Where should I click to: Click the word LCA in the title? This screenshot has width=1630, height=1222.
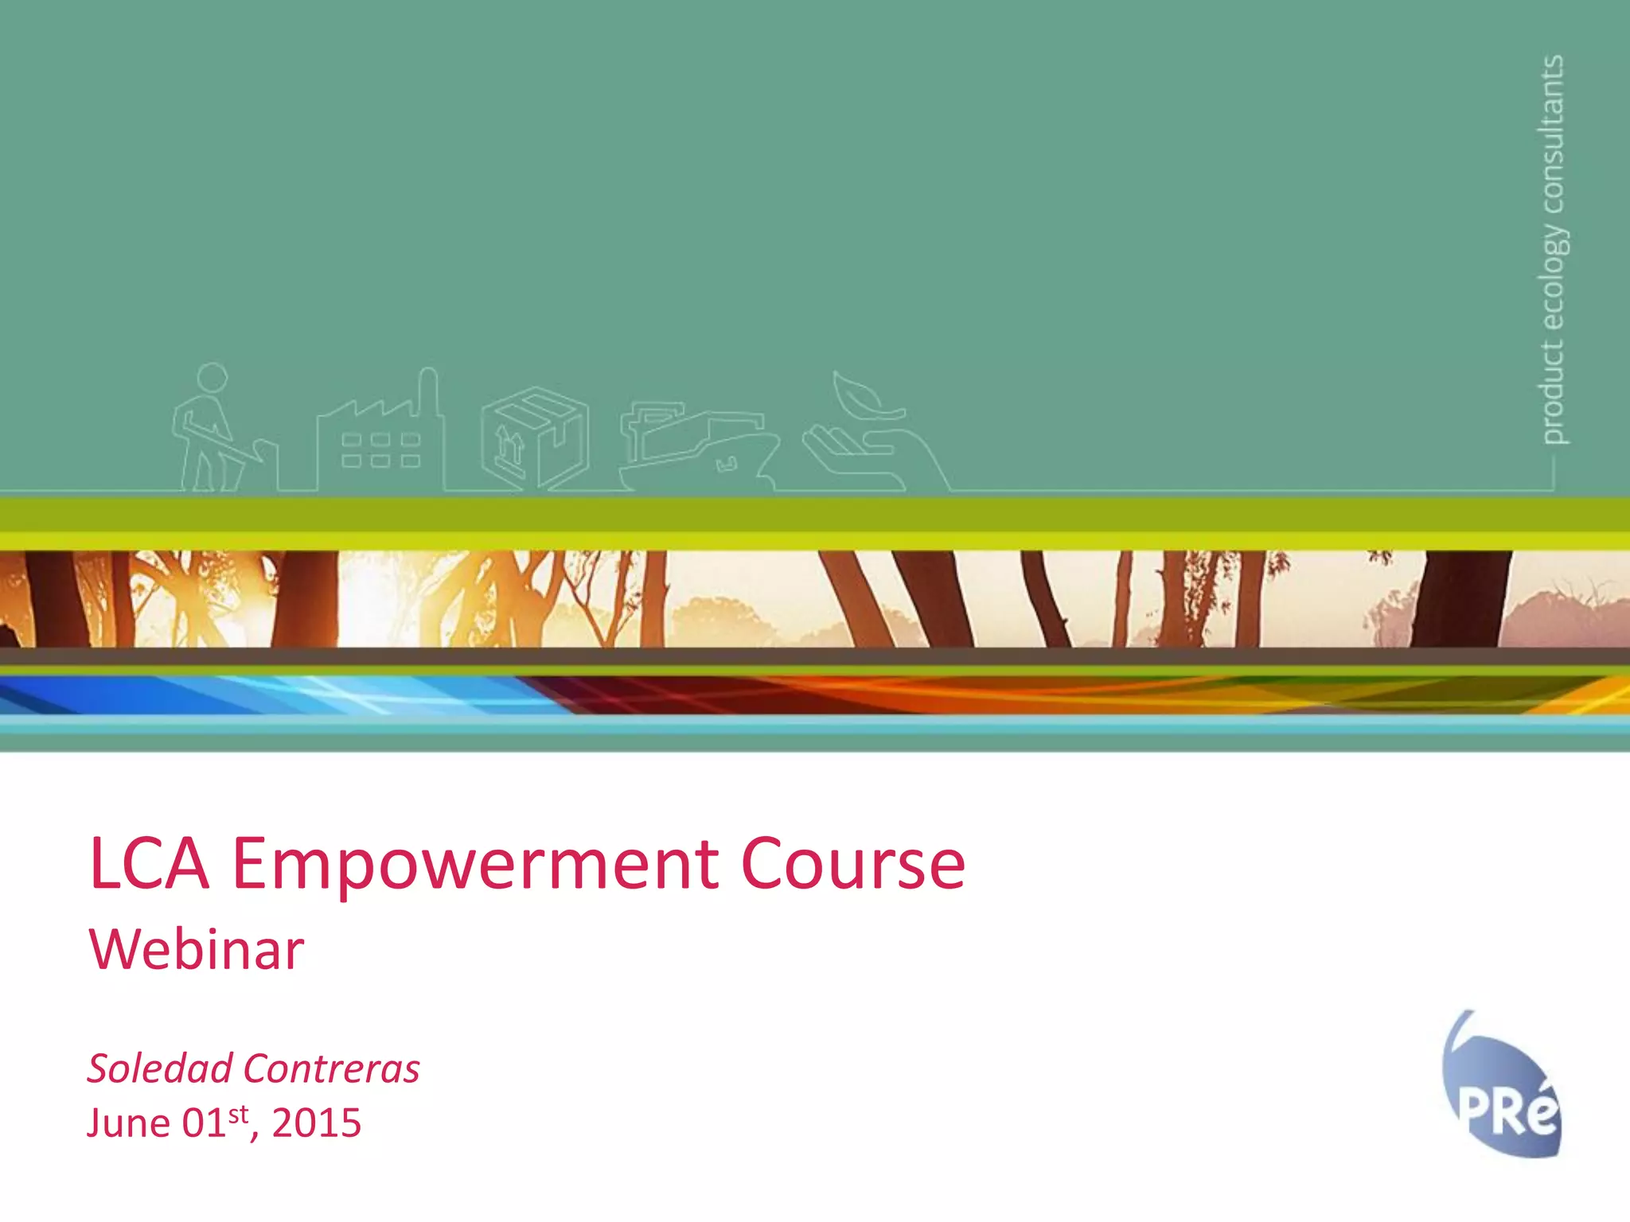pos(150,864)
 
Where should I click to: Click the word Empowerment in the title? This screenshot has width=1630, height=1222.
pos(475,866)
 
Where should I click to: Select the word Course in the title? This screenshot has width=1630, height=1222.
pos(852,865)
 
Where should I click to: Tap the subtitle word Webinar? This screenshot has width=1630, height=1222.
pos(197,950)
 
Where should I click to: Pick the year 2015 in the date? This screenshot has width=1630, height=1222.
pos(316,1123)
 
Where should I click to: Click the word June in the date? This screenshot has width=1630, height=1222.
pos(128,1123)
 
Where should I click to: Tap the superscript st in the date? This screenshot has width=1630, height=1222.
pos(238,1114)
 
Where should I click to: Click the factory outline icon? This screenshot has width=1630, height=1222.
pos(380,438)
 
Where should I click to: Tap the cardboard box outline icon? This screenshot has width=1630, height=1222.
pos(535,438)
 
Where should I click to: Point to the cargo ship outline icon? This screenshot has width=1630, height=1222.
pos(696,446)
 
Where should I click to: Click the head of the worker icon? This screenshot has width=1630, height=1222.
pos(212,377)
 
